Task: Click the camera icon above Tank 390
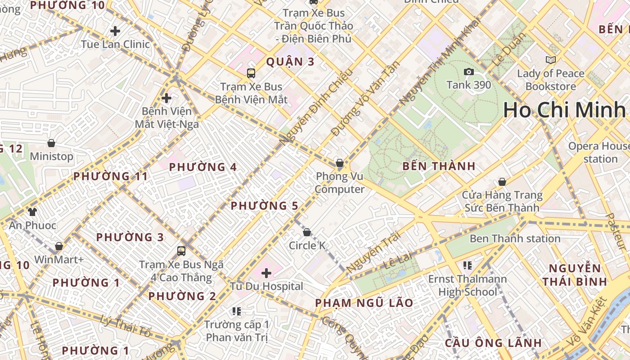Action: pos(468,72)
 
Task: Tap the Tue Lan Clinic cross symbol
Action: pos(115,31)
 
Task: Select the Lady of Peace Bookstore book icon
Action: pos(550,60)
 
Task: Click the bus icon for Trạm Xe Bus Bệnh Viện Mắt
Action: pos(251,73)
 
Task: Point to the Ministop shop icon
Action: pos(51,143)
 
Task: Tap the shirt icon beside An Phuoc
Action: pos(32,211)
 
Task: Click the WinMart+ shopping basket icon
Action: pos(59,246)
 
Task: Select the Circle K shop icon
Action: pos(307,232)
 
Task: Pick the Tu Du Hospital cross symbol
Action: pos(266,273)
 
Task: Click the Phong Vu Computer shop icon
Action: pos(340,163)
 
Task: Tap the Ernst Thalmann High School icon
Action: pos(468,265)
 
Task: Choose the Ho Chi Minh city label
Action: pos(565,110)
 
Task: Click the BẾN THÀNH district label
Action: pos(439,166)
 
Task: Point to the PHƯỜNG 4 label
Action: pos(202,167)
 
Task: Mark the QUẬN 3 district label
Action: pos(290,62)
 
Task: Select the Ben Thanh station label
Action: pos(515,238)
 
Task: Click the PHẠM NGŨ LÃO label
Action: pos(364,303)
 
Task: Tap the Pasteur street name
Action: pos(616,232)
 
